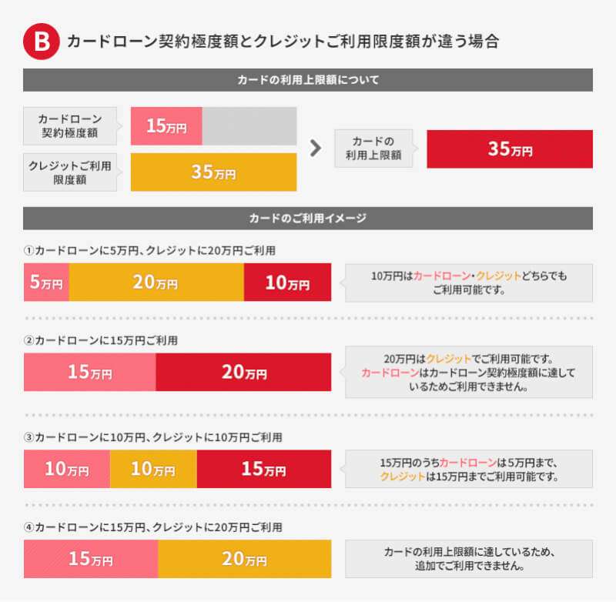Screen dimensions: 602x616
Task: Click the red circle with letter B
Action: click(41, 42)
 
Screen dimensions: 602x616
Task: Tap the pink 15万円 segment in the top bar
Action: click(166, 126)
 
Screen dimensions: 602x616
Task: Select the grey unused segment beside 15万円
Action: click(249, 126)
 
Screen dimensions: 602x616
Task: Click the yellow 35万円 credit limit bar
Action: click(213, 172)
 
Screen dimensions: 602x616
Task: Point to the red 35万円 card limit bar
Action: click(509, 149)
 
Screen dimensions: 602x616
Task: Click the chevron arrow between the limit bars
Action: click(315, 149)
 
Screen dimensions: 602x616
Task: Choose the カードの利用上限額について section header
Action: click(308, 79)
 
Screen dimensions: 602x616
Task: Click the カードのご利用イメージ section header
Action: click(308, 218)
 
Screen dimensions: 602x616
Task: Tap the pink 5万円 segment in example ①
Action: click(46, 283)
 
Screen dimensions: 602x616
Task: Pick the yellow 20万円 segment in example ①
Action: click(156, 283)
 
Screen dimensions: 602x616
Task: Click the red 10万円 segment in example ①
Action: click(287, 283)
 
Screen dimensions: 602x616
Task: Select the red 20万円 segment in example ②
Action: click(243, 373)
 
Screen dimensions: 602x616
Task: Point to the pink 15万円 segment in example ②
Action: click(89, 373)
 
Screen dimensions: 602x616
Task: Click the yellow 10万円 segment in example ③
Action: click(153, 469)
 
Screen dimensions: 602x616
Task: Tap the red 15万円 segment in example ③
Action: click(264, 469)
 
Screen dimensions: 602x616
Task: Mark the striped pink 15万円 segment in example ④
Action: click(91, 559)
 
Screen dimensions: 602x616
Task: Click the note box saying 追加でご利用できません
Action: click(469, 559)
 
